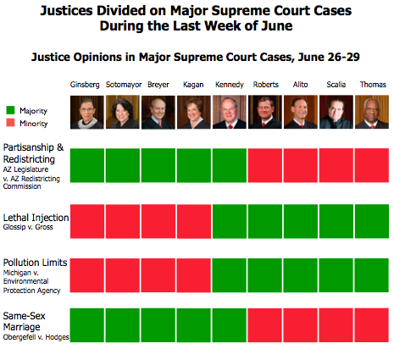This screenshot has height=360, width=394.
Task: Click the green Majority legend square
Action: coord(11,109)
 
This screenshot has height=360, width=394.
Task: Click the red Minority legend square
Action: coord(11,123)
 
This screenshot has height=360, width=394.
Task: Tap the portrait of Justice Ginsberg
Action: coord(86,111)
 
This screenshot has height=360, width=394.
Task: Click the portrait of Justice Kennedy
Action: coord(229,111)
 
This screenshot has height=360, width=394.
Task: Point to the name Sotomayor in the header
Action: coord(122,86)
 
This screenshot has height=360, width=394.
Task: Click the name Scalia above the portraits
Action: coord(336,86)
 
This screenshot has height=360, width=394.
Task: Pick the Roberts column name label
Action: coord(264,86)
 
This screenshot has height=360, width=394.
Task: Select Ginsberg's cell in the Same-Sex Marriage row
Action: coord(86,325)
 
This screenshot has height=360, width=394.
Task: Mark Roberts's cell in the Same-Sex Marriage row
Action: coord(264,325)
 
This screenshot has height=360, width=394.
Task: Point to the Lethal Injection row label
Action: coord(36,217)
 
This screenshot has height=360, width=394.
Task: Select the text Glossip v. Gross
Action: coord(32,228)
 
